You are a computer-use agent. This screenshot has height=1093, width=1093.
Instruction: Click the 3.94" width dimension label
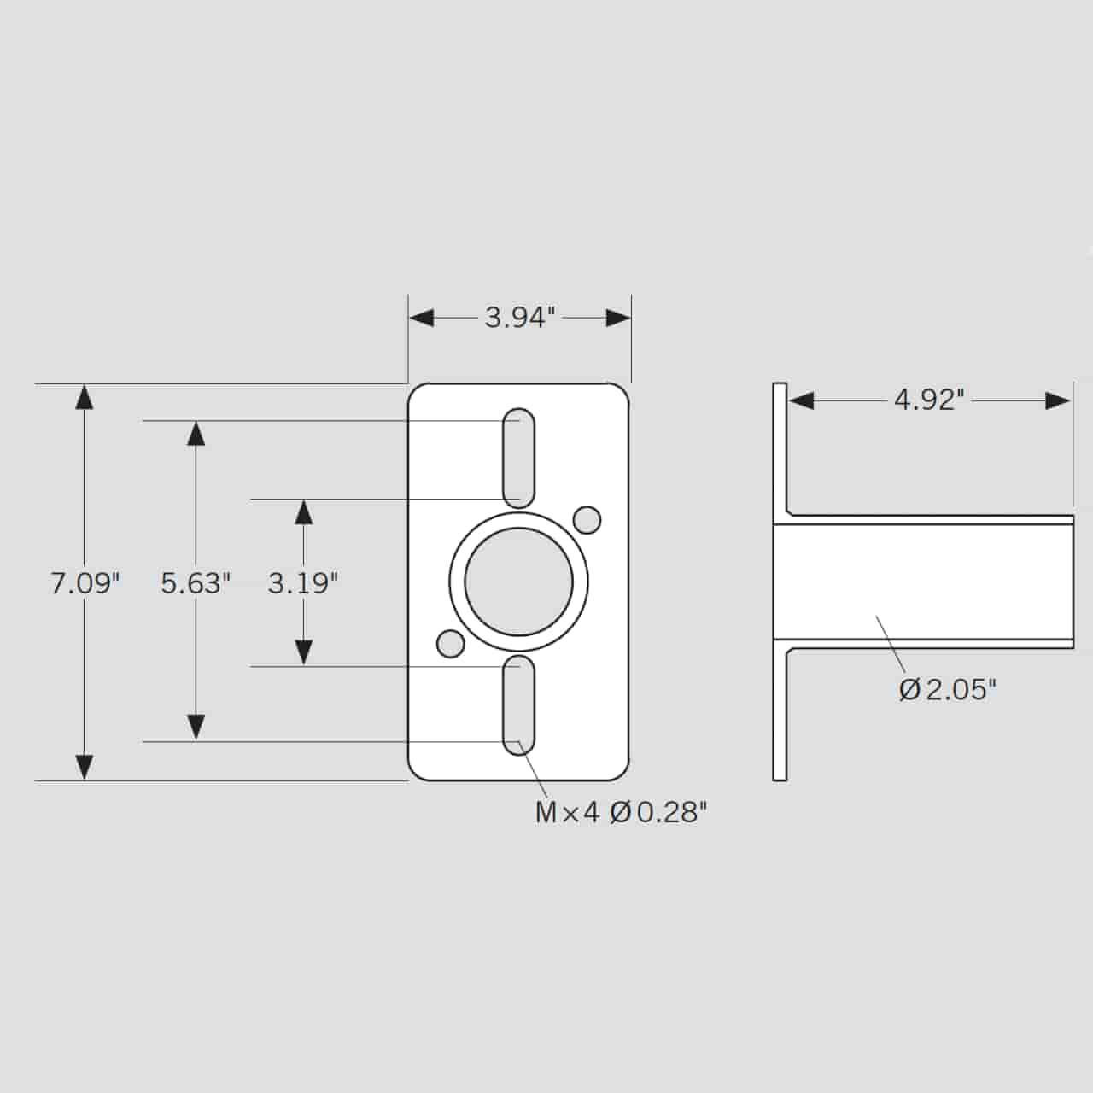click(520, 318)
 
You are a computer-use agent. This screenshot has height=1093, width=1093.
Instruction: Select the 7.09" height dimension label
click(85, 583)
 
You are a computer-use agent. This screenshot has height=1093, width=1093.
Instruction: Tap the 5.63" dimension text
click(196, 583)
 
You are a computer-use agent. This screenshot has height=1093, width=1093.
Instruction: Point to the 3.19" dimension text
click(303, 583)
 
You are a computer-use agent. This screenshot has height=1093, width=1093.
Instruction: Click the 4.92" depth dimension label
click(929, 400)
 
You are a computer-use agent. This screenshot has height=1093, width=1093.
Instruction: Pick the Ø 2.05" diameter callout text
click(948, 689)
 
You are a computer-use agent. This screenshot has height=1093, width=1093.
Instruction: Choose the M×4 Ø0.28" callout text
click(621, 812)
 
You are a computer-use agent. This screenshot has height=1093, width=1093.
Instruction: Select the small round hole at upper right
click(587, 519)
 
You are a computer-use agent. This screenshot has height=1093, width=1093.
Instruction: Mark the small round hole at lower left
click(451, 643)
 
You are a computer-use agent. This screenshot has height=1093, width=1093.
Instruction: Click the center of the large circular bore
click(519, 582)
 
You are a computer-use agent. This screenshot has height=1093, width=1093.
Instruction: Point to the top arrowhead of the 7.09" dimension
click(85, 398)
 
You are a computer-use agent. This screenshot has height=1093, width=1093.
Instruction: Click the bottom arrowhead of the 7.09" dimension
click(85, 767)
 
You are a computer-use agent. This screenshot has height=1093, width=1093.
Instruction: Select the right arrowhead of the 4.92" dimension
click(1059, 400)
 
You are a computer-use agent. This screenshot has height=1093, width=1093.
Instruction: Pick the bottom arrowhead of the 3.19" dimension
click(303, 652)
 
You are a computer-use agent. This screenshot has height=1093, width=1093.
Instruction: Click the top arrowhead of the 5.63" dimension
click(196, 434)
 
